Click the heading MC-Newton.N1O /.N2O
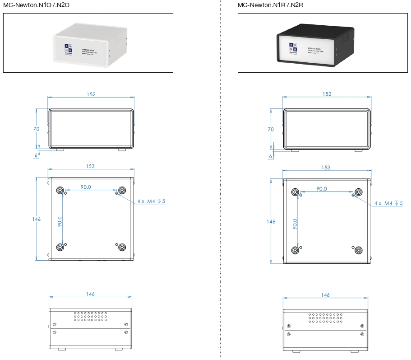coord(36,5)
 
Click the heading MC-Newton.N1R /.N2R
coord(271,5)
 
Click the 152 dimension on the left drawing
coord(91,94)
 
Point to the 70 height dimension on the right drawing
coord(271,129)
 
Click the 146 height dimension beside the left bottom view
coord(37,219)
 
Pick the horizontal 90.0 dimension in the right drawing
coord(321,188)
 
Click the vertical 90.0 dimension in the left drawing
coord(60,221)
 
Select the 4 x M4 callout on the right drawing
coord(388,203)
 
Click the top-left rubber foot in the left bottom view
coord(60,191)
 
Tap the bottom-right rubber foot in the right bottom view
coord(359,250)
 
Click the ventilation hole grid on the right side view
coord(325,318)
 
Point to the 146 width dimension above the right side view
coord(325,295)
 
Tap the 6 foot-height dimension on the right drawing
coord(271,156)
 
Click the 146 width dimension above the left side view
coord(90,294)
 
